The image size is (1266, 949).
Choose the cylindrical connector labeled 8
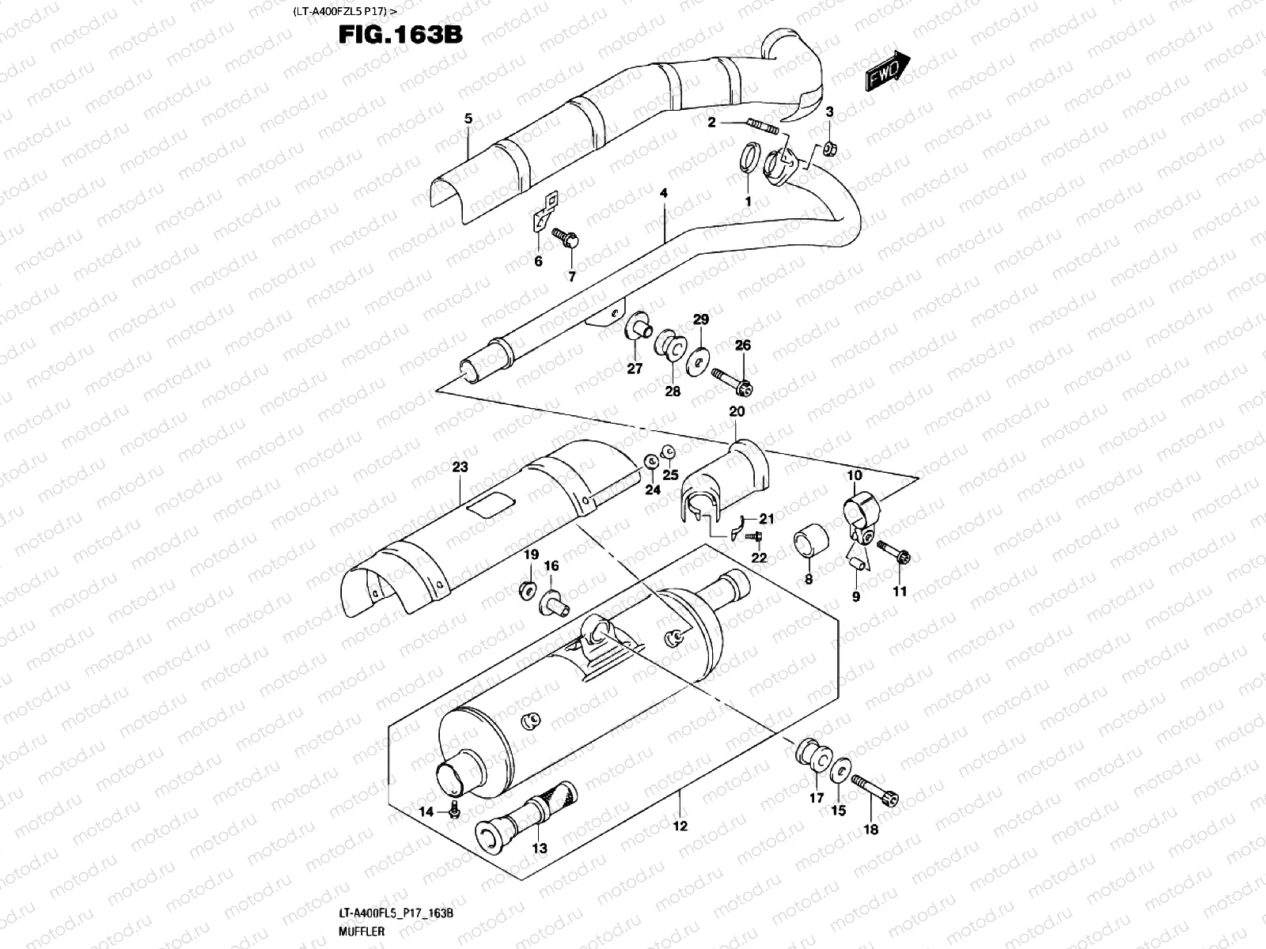(806, 546)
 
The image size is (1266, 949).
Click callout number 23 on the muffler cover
(461, 467)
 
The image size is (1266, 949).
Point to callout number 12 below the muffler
(680, 826)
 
